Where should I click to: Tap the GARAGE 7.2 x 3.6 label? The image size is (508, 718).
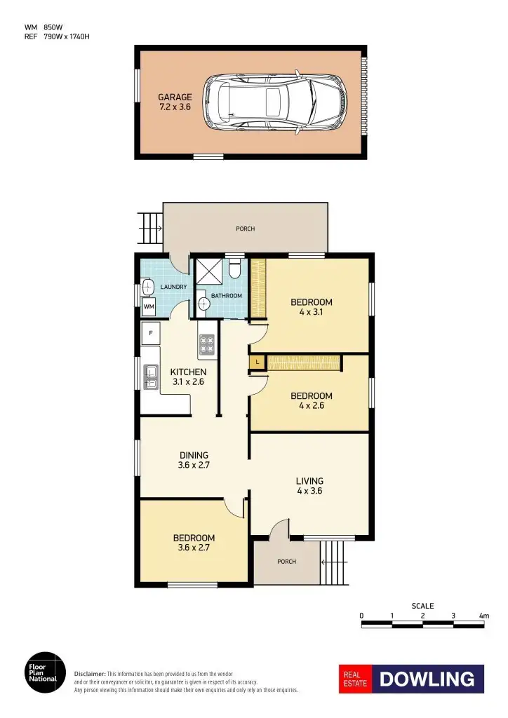click(x=174, y=102)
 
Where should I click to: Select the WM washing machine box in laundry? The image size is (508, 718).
click(x=149, y=306)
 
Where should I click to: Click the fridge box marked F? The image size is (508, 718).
click(x=150, y=334)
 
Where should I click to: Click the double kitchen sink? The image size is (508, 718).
click(x=151, y=377)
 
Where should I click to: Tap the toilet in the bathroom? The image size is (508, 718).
click(x=235, y=267)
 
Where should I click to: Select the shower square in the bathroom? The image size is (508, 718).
click(x=208, y=270)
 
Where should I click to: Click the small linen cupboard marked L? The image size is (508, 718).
click(x=258, y=362)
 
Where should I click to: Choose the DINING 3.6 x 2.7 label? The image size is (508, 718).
click(x=194, y=459)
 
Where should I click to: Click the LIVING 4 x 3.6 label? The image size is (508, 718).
click(x=309, y=485)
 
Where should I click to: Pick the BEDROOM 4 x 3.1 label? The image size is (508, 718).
click(x=312, y=307)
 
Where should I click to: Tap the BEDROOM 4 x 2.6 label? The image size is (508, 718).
click(x=312, y=400)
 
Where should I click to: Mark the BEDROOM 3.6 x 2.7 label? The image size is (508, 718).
click(x=194, y=543)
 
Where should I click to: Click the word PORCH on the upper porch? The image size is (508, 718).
click(x=245, y=229)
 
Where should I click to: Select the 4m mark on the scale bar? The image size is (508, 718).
click(x=484, y=616)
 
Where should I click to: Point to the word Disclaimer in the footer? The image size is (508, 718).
click(x=90, y=673)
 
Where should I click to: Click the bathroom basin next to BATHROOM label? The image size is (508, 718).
click(x=204, y=304)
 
